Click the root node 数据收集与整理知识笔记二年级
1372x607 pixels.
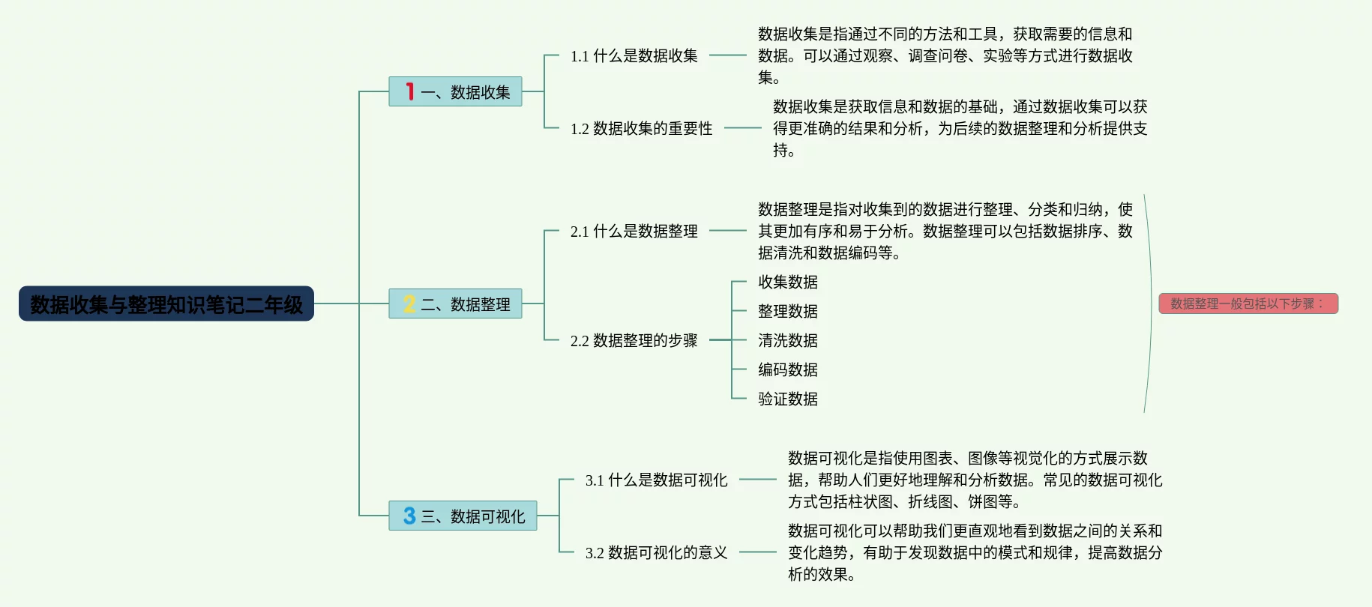(x=166, y=303)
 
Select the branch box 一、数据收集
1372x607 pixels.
(x=455, y=91)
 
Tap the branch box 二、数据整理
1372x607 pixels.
(x=455, y=303)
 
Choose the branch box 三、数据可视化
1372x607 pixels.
(x=463, y=516)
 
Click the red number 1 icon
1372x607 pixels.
(x=409, y=91)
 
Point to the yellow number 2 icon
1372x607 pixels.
(x=409, y=303)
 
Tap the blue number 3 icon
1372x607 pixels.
(x=409, y=516)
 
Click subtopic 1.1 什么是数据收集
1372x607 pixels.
(x=634, y=55)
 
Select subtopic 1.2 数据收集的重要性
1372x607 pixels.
(x=641, y=128)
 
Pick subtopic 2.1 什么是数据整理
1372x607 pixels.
(x=634, y=231)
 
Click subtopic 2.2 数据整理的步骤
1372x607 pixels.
(x=634, y=340)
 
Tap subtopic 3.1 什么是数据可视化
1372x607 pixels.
(x=656, y=480)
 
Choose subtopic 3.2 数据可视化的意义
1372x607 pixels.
(x=656, y=552)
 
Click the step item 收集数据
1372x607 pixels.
(x=787, y=282)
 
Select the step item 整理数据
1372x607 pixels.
(x=787, y=311)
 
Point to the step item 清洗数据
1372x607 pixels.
(x=787, y=340)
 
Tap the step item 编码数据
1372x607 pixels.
(x=787, y=369)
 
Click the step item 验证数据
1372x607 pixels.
(x=787, y=399)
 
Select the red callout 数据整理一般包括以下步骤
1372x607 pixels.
(x=1248, y=303)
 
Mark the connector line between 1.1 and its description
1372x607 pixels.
(x=727, y=55)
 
